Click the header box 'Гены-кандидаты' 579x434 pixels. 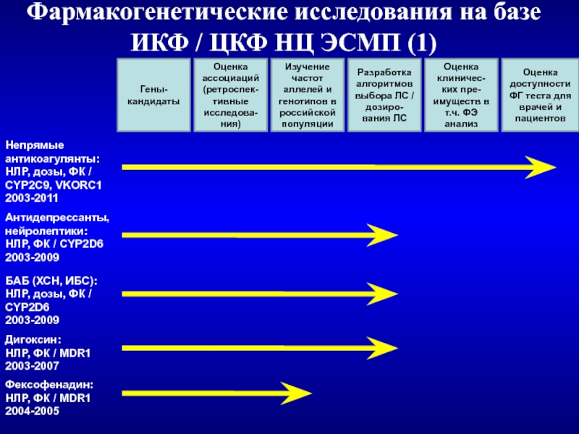pyautogui.click(x=153, y=95)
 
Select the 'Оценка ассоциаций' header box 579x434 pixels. pyautogui.click(x=231, y=95)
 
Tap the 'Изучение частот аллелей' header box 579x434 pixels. pyautogui.click(x=308, y=95)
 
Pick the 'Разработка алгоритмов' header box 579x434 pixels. pyautogui.click(x=384, y=95)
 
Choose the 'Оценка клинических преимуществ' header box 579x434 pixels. pyautogui.click(x=461, y=95)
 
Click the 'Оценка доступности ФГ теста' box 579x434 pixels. pyautogui.click(x=540, y=95)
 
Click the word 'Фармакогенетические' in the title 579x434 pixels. pyautogui.click(x=157, y=12)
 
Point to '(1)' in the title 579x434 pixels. pyautogui.click(x=422, y=43)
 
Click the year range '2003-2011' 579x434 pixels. pyautogui.click(x=32, y=198)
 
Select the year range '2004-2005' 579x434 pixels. pyautogui.click(x=32, y=411)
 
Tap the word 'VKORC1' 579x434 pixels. pyautogui.click(x=78, y=185)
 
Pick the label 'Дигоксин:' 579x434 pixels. pyautogui.click(x=33, y=340)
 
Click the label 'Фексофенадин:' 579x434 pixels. pyautogui.click(x=49, y=385)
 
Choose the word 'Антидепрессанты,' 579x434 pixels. pyautogui.click(x=57, y=218)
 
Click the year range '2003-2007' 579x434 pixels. pyautogui.click(x=32, y=366)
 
